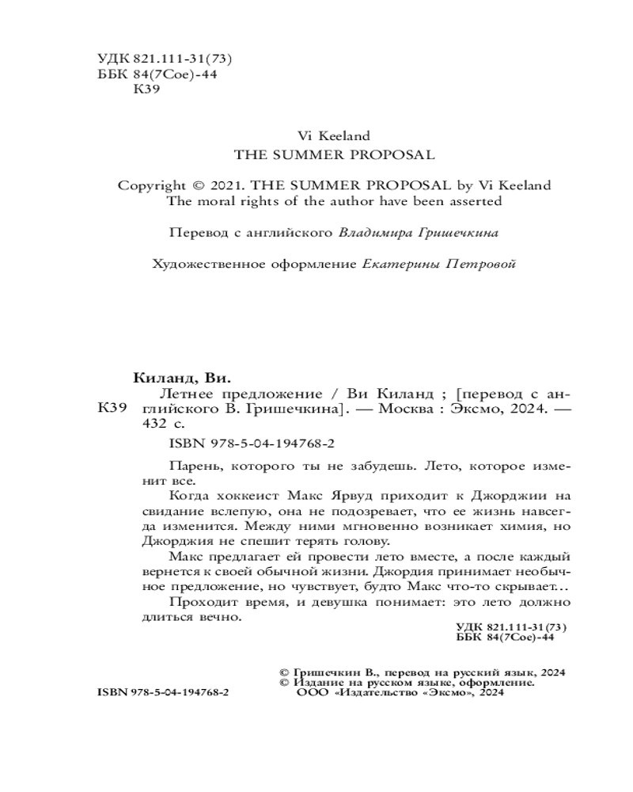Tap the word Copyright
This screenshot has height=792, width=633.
click(x=150, y=185)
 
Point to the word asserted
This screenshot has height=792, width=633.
click(x=476, y=201)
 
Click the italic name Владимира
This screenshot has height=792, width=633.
click(x=372, y=233)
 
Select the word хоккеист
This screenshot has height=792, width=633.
click(x=252, y=497)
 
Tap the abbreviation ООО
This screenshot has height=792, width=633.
click(x=309, y=692)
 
